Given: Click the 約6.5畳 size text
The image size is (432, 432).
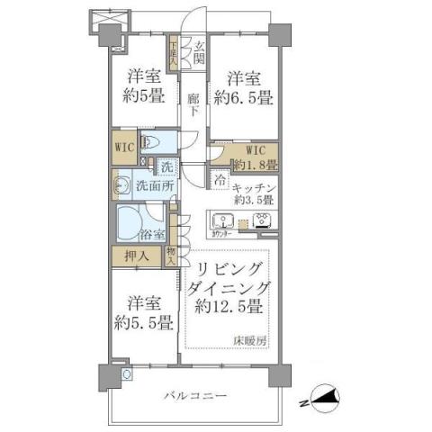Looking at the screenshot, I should [x=242, y=96].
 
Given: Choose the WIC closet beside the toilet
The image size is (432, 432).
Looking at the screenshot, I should [x=124, y=146].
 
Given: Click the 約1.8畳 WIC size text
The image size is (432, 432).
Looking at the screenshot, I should [x=255, y=166].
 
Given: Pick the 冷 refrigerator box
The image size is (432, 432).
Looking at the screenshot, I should [x=220, y=177].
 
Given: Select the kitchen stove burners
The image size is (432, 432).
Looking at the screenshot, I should [x=264, y=220].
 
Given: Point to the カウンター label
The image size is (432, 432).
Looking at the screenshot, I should [x=224, y=234].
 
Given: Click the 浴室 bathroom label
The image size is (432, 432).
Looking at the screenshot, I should [x=154, y=235].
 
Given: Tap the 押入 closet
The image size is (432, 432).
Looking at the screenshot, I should [x=137, y=255].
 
